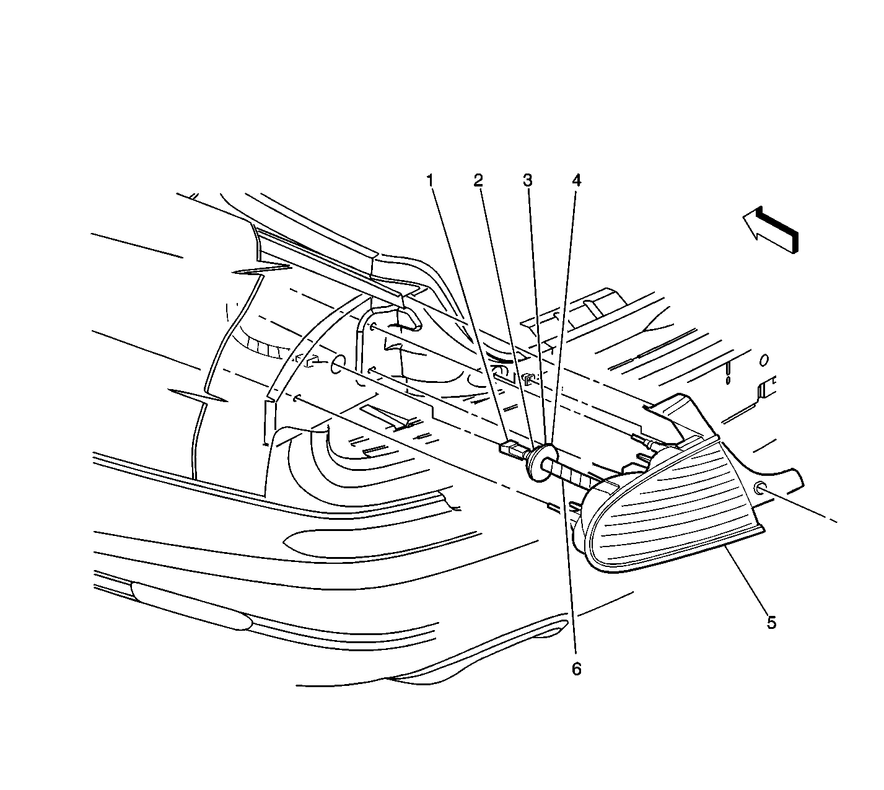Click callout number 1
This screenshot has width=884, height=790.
pyautogui.click(x=431, y=180)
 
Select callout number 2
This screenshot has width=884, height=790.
pyautogui.click(x=479, y=180)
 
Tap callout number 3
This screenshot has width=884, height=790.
pyautogui.click(x=528, y=180)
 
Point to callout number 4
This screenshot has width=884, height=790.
pyautogui.click(x=577, y=180)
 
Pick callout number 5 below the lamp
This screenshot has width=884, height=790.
pyautogui.click(x=772, y=623)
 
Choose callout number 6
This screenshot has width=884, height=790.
pyautogui.click(x=577, y=669)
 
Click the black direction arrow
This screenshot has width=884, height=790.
pyautogui.click(x=770, y=230)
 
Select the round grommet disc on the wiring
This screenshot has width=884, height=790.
pyautogui.click(x=541, y=463)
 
